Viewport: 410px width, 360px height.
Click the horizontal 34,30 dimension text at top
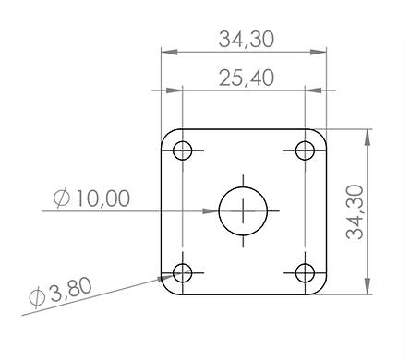(247, 40)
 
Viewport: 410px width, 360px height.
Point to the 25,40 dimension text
(247, 78)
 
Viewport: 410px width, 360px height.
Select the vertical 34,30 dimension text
(355, 211)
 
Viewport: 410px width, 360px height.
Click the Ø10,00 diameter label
(91, 198)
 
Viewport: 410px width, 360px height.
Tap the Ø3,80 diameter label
(60, 292)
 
